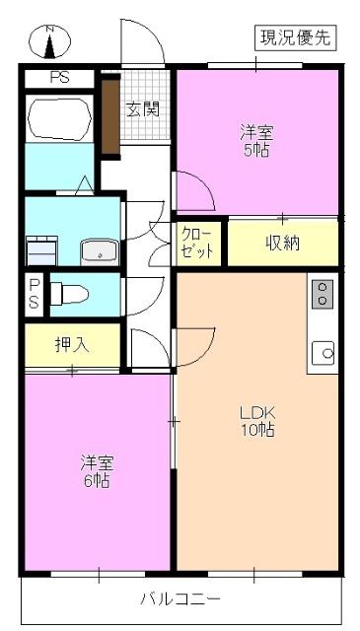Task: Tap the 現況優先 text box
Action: pyautogui.click(x=296, y=38)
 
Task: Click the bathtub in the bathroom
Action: pyautogui.click(x=58, y=119)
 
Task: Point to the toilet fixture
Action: pyautogui.click(x=69, y=293)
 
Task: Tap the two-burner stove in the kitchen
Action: pyautogui.click(x=323, y=293)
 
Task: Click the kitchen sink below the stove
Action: pyautogui.click(x=323, y=350)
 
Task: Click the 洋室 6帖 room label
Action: pyautogui.click(x=96, y=472)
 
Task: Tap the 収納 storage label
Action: pyautogui.click(x=282, y=244)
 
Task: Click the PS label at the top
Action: pyautogui.click(x=59, y=79)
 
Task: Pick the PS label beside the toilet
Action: pyautogui.click(x=34, y=294)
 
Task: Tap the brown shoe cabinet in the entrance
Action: pyautogui.click(x=109, y=115)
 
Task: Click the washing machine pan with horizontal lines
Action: pyautogui.click(x=41, y=250)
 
